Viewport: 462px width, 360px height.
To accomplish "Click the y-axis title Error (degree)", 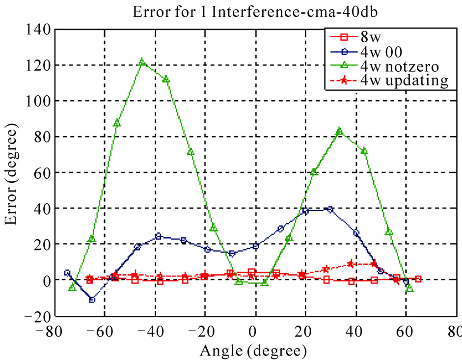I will tap(12, 173).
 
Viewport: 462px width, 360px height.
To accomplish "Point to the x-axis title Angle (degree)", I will tap(254, 351).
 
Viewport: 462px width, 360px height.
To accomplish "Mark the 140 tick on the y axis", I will tap(37, 29).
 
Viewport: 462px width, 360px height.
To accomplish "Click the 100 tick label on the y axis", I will tap(37, 101).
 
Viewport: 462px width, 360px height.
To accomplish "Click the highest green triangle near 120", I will tap(142, 62).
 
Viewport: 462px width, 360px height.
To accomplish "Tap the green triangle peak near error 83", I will tap(339, 131).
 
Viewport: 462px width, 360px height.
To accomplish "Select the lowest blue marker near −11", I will tap(92, 299).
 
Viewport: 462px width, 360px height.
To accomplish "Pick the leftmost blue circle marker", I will tap(67, 273).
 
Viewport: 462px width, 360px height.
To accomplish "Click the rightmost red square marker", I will tap(418, 279).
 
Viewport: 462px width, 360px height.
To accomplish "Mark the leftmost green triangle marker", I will tap(72, 287).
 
